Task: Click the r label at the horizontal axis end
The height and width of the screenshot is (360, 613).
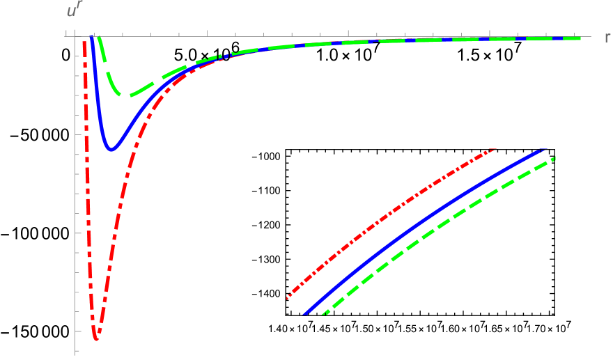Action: (607, 38)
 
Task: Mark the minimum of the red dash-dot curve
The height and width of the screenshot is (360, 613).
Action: (95, 338)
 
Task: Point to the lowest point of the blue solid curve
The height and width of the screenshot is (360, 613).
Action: (111, 148)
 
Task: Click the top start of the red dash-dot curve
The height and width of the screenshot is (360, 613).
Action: (84, 42)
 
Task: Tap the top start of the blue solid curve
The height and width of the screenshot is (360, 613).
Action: (92, 39)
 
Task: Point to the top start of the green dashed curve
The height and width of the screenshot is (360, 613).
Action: (100, 38)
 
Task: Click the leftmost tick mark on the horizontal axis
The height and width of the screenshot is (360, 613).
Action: (66, 33)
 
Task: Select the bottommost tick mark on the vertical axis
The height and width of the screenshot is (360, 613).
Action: (75, 349)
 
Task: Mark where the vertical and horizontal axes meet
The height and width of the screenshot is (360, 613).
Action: (75, 36)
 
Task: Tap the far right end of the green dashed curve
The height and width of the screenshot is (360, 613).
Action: (580, 38)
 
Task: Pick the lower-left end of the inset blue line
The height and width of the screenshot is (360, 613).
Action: (305, 314)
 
